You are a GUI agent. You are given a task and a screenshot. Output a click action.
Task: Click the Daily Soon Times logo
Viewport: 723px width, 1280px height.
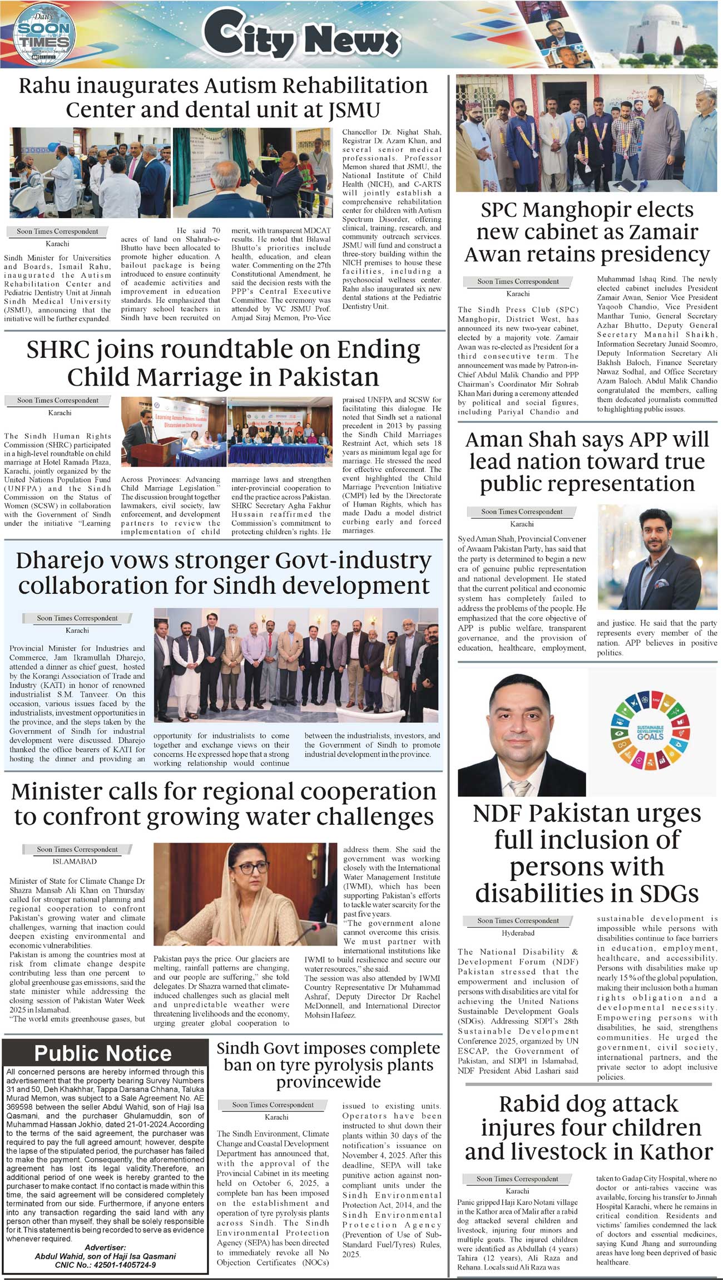pos(43,35)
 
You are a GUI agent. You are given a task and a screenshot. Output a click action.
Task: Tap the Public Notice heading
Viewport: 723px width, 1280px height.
pos(103,1053)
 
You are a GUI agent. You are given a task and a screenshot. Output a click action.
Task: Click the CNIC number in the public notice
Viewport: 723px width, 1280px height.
pos(105,1265)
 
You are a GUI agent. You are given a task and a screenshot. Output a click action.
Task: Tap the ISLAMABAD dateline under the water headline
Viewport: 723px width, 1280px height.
pos(75,861)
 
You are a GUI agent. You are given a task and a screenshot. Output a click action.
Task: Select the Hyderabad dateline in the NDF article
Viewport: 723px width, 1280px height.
pos(518,933)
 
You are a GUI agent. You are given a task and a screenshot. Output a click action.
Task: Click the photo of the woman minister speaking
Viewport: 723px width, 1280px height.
pos(245,894)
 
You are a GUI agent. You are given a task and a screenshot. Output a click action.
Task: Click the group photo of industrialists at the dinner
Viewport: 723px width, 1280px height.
pos(295,665)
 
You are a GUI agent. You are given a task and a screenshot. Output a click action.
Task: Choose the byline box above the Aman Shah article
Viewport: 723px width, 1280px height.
pos(521,511)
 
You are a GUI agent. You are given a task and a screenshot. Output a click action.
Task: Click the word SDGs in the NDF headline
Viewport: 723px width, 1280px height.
pos(668,894)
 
